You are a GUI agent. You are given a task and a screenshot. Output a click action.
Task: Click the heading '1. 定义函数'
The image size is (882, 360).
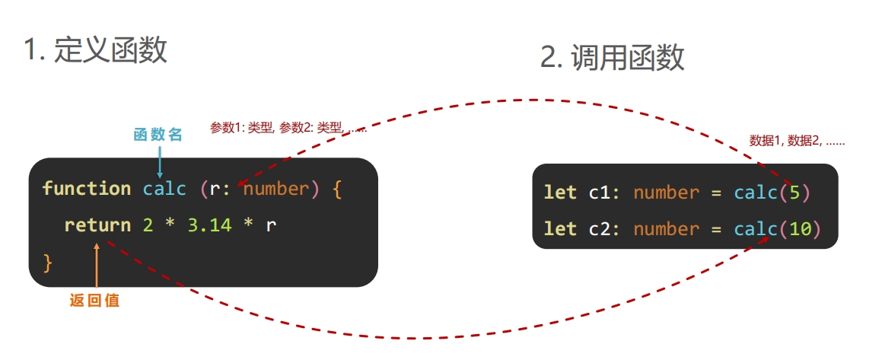tap(95, 50)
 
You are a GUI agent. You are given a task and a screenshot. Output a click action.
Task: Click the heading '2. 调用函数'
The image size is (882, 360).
tap(612, 58)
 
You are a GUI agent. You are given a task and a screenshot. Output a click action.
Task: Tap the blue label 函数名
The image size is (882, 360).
tap(158, 135)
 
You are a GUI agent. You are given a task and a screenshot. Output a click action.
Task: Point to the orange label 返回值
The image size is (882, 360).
tap(94, 300)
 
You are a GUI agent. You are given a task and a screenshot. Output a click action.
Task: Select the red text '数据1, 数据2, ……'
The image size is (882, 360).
tap(797, 141)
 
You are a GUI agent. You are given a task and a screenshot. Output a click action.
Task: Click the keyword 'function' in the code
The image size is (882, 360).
tap(87, 188)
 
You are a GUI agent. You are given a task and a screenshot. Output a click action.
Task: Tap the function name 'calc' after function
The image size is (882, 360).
tap(164, 188)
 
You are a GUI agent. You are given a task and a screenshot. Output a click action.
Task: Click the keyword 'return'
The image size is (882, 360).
tap(97, 225)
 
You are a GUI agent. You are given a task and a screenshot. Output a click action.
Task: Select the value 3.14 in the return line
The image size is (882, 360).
tap(209, 225)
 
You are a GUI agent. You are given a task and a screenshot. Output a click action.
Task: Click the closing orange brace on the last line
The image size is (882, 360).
tap(47, 262)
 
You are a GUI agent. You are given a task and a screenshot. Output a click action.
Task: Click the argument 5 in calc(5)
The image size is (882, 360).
tap(794, 193)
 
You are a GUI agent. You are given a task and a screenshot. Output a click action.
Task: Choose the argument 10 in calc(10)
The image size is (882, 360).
tap(800, 229)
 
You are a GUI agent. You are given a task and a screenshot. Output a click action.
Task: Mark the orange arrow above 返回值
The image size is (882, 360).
tap(97, 266)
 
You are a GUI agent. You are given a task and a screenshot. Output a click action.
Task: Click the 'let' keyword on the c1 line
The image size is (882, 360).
tap(560, 193)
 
